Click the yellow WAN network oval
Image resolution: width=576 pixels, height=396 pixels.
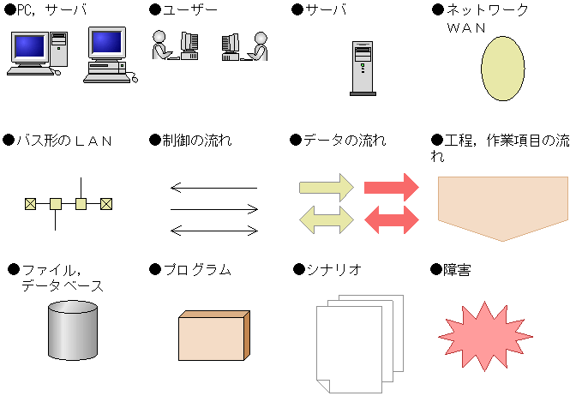tap(502, 69)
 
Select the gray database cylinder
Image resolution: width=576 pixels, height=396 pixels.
tap(73, 330)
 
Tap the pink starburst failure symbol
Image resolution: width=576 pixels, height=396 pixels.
tap(485, 336)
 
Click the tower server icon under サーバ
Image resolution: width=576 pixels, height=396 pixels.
tap(363, 69)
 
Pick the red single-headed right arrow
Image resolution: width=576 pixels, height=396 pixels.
tap(391, 188)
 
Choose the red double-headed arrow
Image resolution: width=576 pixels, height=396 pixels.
tap(391, 219)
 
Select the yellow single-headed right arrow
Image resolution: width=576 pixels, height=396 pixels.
tap(327, 188)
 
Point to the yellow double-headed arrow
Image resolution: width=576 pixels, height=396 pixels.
tap(327, 219)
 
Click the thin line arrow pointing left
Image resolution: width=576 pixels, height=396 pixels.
tap(213, 188)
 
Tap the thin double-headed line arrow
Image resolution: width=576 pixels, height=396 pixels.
tap(214, 231)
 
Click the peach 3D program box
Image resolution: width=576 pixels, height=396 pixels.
tap(214, 335)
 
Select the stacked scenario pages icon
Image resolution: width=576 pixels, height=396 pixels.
tap(360, 344)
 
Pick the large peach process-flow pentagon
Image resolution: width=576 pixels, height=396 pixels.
tap(503, 208)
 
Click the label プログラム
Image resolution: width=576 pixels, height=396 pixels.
tap(197, 270)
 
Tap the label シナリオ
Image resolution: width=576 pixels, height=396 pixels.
tap(334, 270)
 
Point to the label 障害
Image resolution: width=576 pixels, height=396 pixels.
tap(457, 270)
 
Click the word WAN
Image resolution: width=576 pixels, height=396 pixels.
tap(466, 28)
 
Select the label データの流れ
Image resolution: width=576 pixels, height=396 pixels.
tap(345, 141)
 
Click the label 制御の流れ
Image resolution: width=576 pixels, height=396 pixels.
tap(197, 141)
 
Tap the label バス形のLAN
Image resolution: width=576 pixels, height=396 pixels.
tap(64, 141)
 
